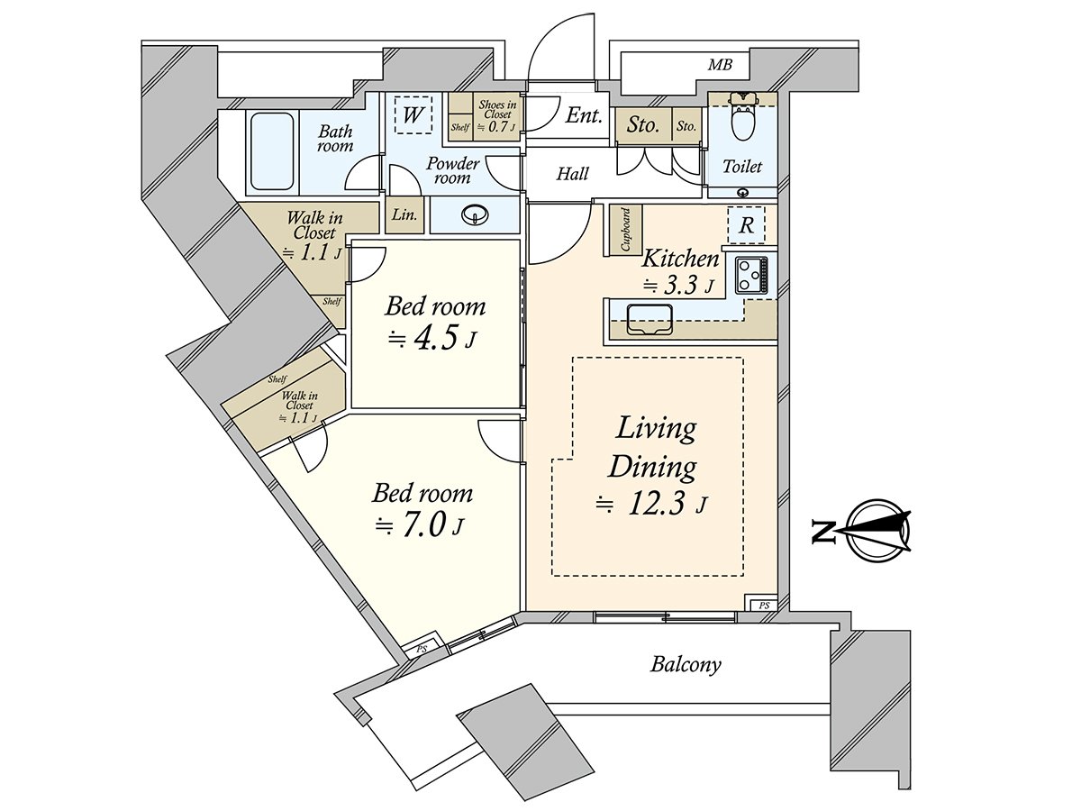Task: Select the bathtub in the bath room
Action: (x=272, y=151)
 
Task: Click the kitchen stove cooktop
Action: (x=752, y=276)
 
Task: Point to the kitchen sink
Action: (x=650, y=319)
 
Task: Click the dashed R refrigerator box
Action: (x=747, y=225)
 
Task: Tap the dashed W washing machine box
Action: (x=413, y=114)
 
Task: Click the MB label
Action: (x=720, y=65)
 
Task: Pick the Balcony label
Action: (x=686, y=665)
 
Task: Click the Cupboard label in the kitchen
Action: (x=626, y=230)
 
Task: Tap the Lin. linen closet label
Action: (x=404, y=214)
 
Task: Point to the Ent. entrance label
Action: (x=584, y=115)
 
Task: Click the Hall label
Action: (x=573, y=174)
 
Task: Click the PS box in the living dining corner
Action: (x=763, y=606)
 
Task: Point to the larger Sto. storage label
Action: (x=642, y=125)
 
